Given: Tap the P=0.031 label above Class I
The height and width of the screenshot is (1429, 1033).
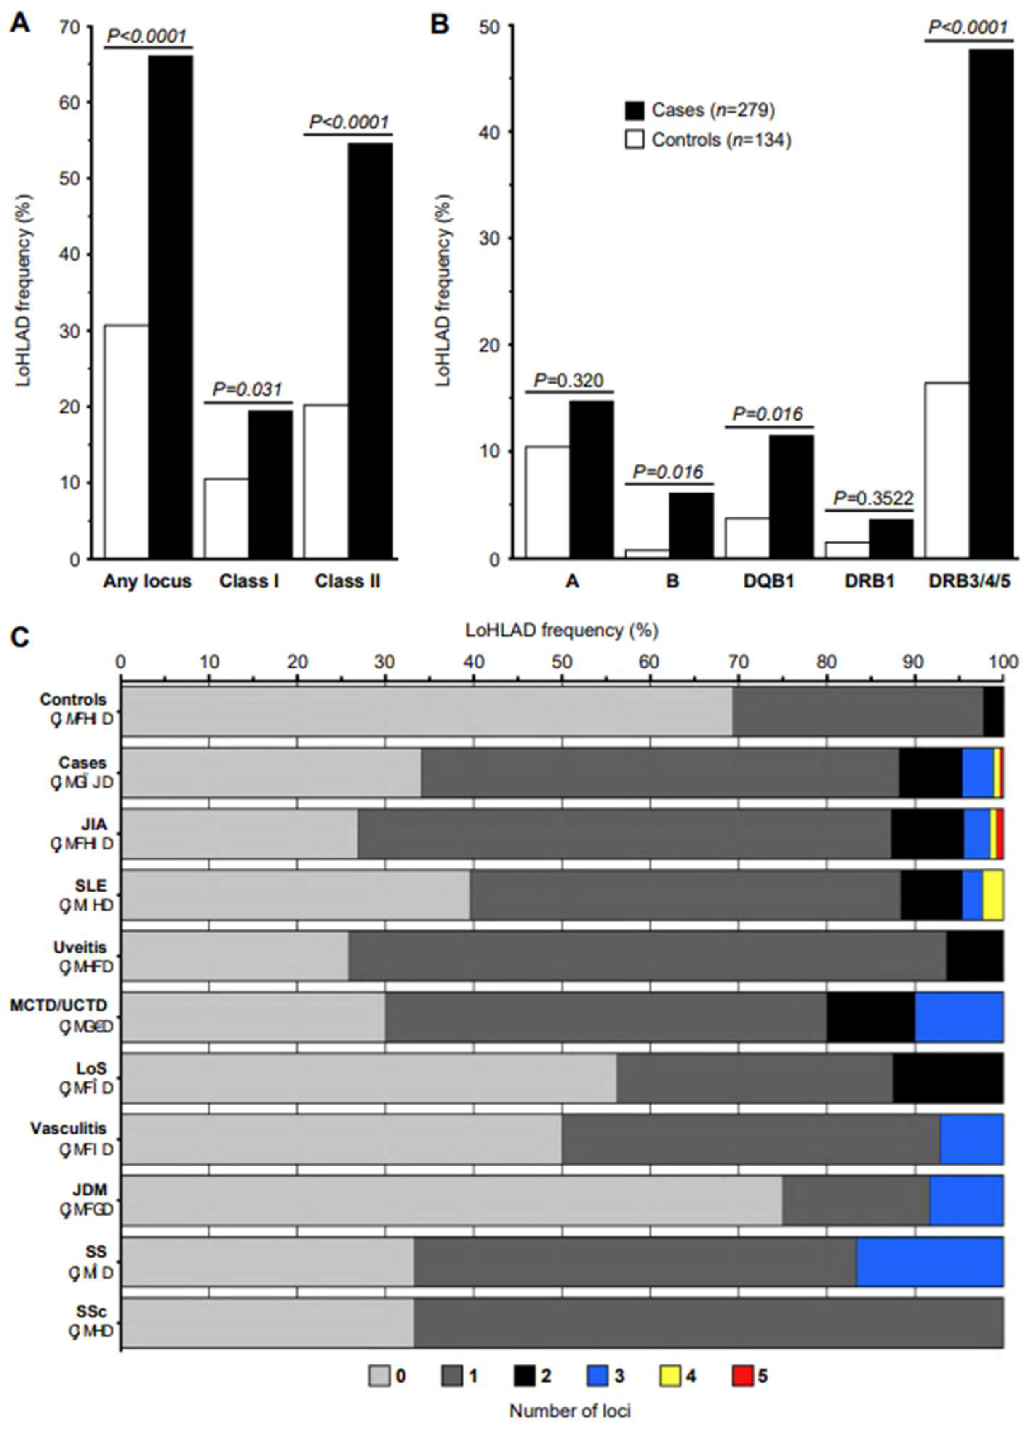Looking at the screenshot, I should click(x=247, y=389).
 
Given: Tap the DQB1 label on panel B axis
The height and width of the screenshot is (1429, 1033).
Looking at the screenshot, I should click(x=768, y=581).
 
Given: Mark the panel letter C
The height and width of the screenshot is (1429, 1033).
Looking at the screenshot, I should click(x=21, y=638).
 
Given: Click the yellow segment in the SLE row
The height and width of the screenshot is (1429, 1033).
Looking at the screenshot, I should click(x=993, y=895).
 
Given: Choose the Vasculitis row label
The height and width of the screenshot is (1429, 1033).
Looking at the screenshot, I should click(x=69, y=1129).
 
